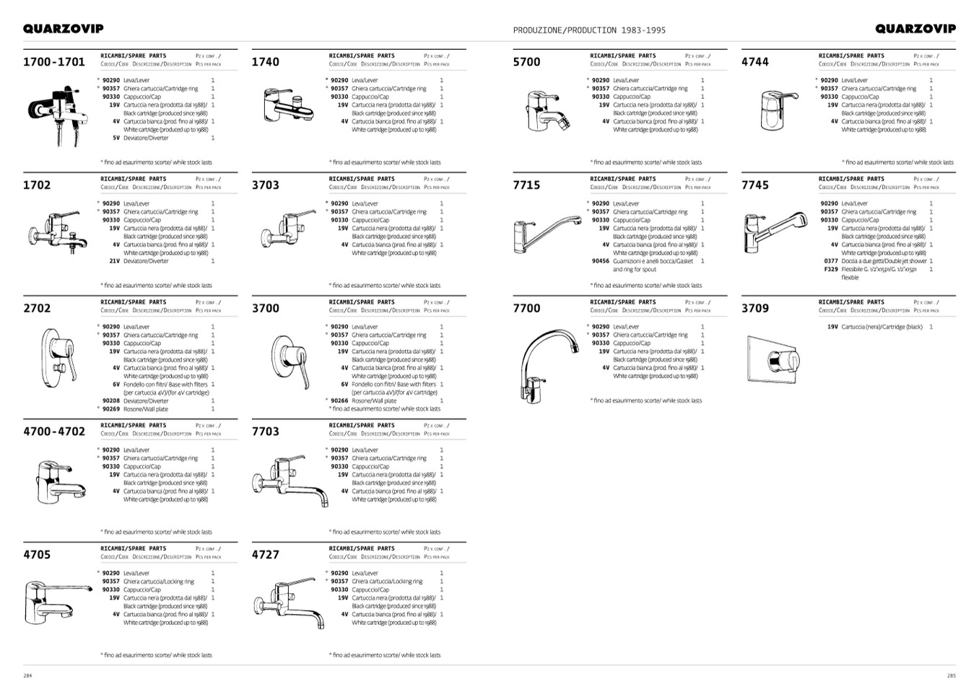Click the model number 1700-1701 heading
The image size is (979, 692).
coord(54,62)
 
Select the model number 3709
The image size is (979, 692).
coord(755,309)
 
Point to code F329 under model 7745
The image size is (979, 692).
coord(831,269)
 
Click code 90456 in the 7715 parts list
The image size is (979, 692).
coord(600,261)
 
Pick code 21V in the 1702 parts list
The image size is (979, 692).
coord(114,261)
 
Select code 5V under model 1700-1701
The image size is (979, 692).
coord(116,138)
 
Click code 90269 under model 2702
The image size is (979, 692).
coord(110,409)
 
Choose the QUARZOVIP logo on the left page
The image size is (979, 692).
coord(64,29)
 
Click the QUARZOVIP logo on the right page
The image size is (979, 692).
coord(915,29)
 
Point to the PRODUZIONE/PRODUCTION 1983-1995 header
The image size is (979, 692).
coord(589,30)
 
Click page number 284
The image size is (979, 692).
coord(27,676)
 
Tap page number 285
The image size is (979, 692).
coord(951,676)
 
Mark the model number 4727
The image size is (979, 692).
coord(265,555)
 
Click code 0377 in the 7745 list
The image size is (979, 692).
coord(831,261)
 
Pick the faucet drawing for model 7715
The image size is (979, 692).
coord(547,229)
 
